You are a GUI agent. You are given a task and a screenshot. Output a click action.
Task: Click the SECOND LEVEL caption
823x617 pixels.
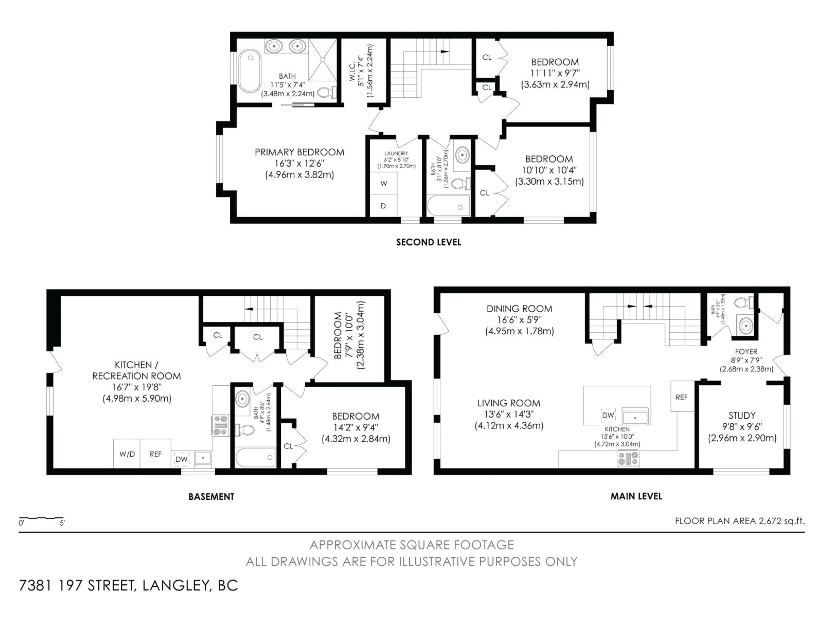pyautogui.click(x=428, y=242)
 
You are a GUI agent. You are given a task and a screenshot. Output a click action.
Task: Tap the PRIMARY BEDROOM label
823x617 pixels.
pyautogui.click(x=299, y=152)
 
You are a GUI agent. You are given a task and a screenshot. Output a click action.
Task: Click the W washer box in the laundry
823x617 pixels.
pyautogui.click(x=384, y=183)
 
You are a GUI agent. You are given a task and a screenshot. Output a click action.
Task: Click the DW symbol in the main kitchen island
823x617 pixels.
pyautogui.click(x=608, y=415)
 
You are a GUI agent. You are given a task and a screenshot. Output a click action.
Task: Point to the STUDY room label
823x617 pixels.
pyautogui.click(x=742, y=415)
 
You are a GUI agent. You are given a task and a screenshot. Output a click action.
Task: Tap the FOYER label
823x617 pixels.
pyautogui.click(x=746, y=352)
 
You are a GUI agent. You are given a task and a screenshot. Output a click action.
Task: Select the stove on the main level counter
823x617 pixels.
pyautogui.click(x=628, y=458)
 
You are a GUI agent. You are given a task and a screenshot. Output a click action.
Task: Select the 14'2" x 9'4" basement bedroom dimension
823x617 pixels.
pyautogui.click(x=356, y=427)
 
